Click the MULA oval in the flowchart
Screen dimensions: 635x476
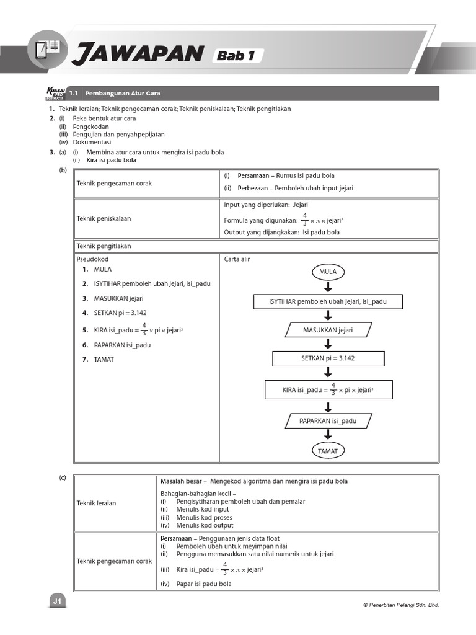click(x=328, y=272)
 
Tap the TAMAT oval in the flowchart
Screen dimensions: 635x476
click(x=328, y=451)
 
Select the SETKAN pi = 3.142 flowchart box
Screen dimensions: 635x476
click(x=328, y=358)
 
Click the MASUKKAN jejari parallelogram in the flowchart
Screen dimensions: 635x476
click(x=328, y=330)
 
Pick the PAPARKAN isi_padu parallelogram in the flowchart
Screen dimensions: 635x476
click(x=328, y=421)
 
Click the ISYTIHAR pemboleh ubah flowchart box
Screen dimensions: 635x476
click(x=328, y=301)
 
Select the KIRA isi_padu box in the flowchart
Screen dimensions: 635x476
click(x=328, y=390)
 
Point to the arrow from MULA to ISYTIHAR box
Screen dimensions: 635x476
click(x=328, y=286)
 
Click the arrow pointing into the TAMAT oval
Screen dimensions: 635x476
click(x=328, y=436)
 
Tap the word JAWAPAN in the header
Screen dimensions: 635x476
click(x=137, y=55)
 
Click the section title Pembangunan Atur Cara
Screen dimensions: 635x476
click(x=122, y=93)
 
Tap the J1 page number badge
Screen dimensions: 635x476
click(x=57, y=602)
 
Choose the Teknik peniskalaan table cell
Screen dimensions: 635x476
click(x=104, y=218)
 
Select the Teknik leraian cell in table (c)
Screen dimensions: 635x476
click(x=96, y=503)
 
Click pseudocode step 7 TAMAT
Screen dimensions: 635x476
click(x=104, y=360)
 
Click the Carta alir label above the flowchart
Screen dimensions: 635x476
click(x=237, y=260)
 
